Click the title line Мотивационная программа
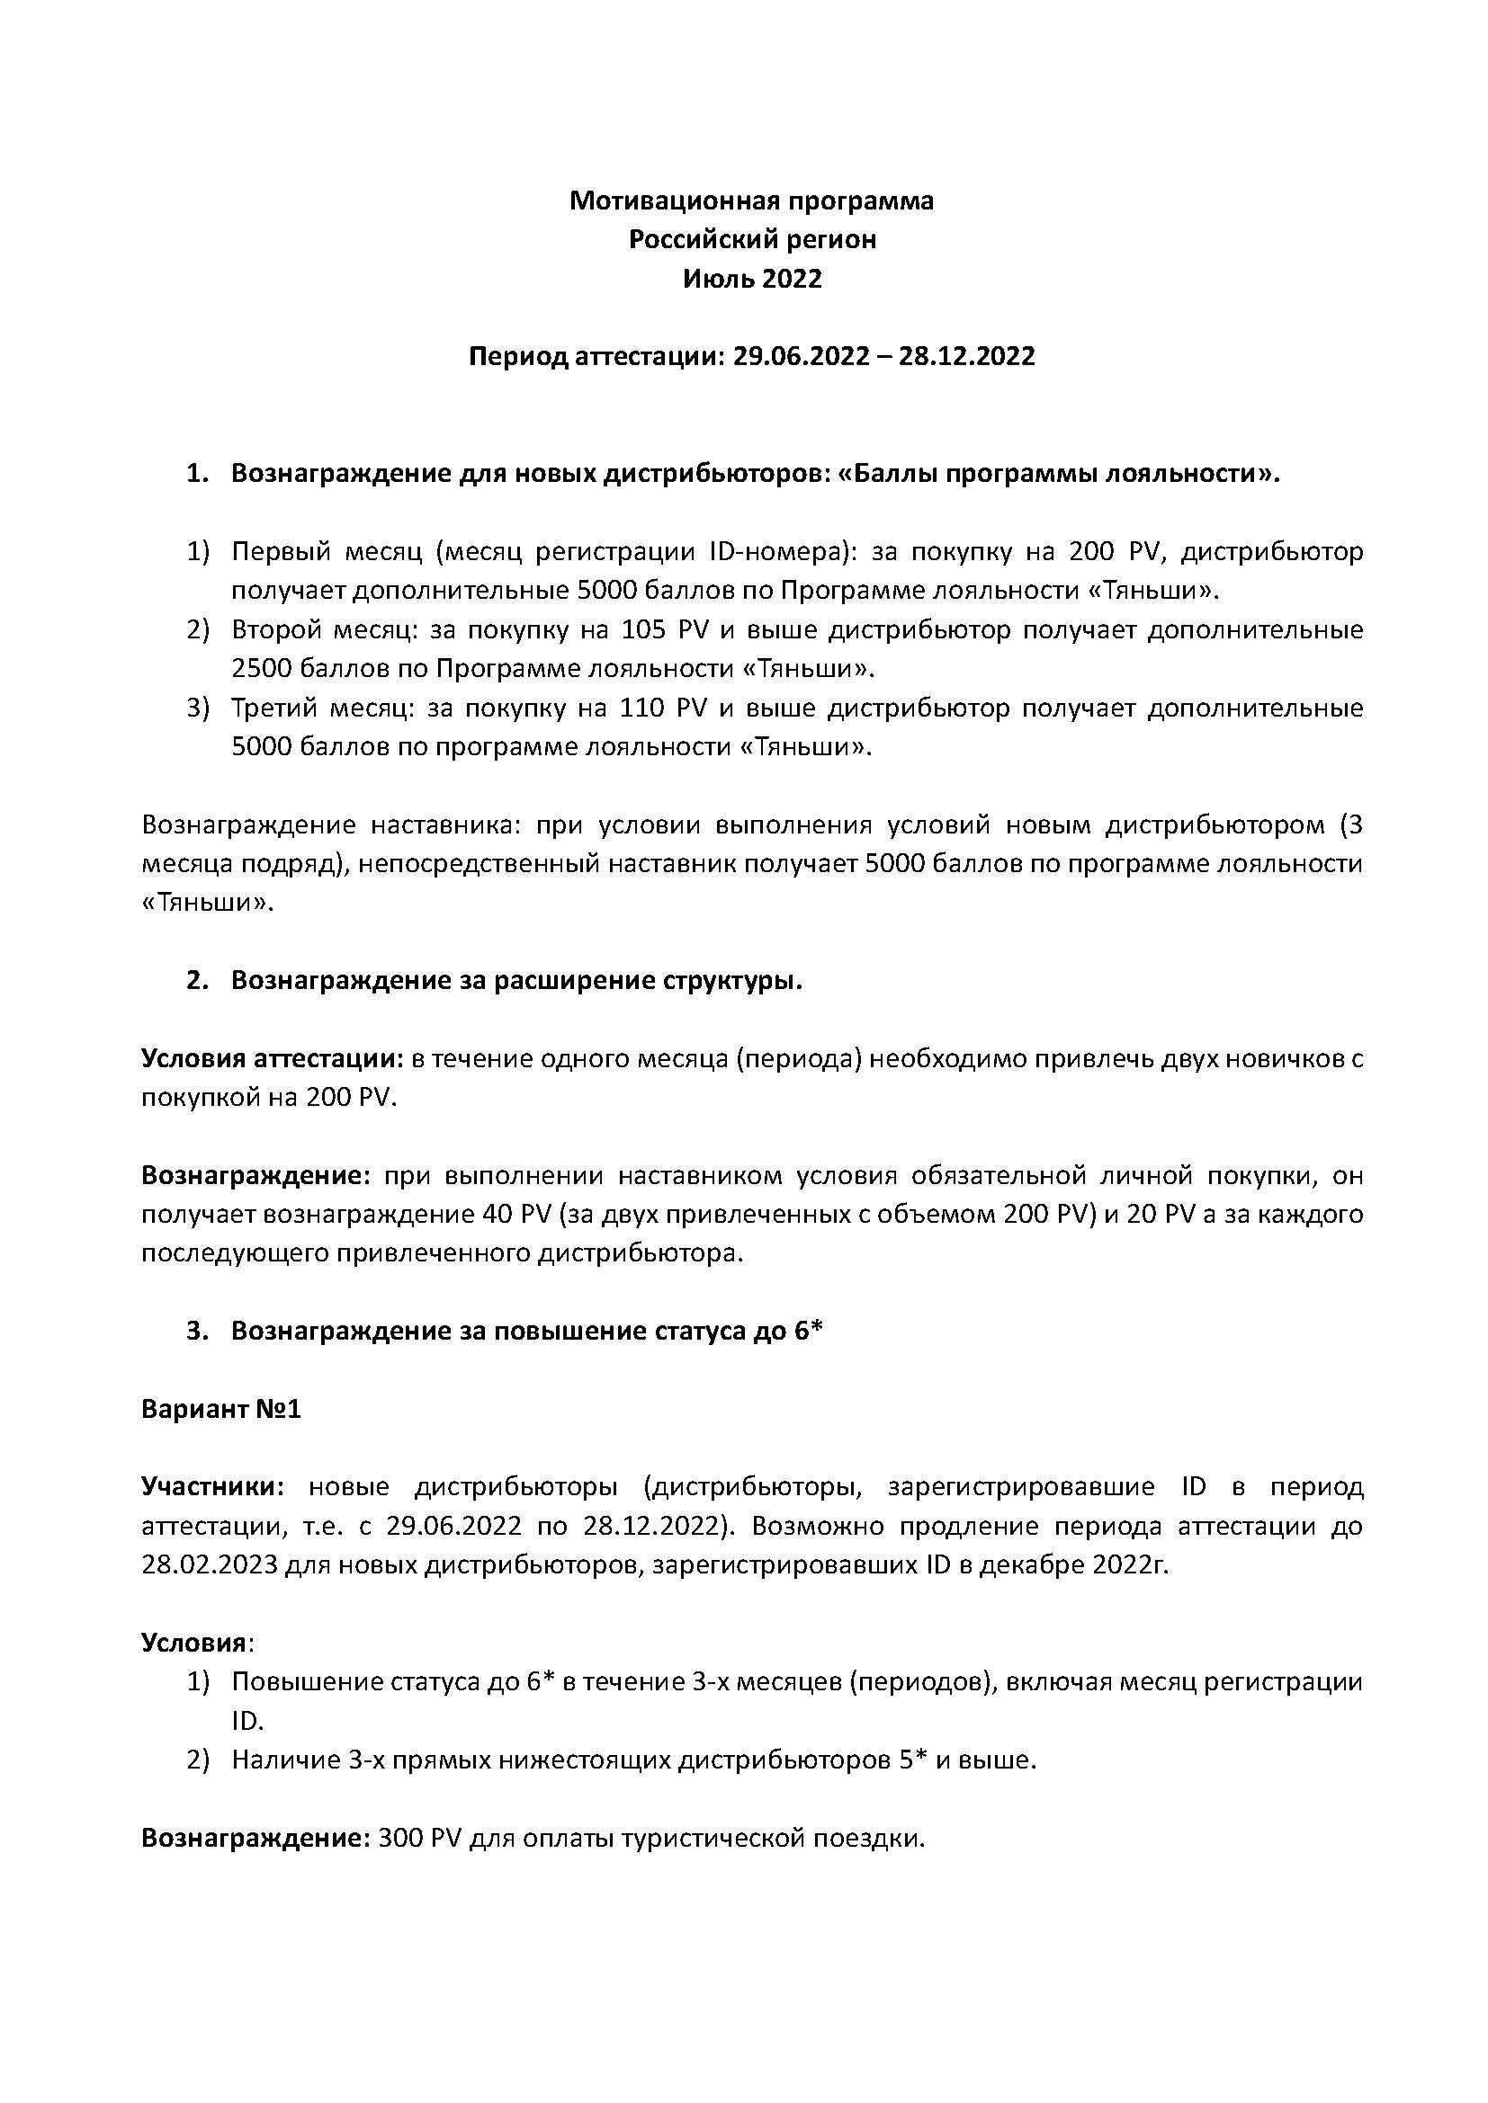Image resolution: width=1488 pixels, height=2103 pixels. tap(751, 200)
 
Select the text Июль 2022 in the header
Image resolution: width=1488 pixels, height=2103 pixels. tap(751, 279)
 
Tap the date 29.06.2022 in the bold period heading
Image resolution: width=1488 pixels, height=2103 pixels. tap(800, 356)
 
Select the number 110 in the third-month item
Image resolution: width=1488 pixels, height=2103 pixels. tap(644, 708)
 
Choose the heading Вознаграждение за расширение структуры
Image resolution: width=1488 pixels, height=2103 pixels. tap(516, 980)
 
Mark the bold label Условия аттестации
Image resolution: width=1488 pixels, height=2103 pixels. tap(272, 1059)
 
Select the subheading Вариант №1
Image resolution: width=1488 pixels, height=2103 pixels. tap(220, 1409)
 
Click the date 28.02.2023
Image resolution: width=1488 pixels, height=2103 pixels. tap(209, 1564)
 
